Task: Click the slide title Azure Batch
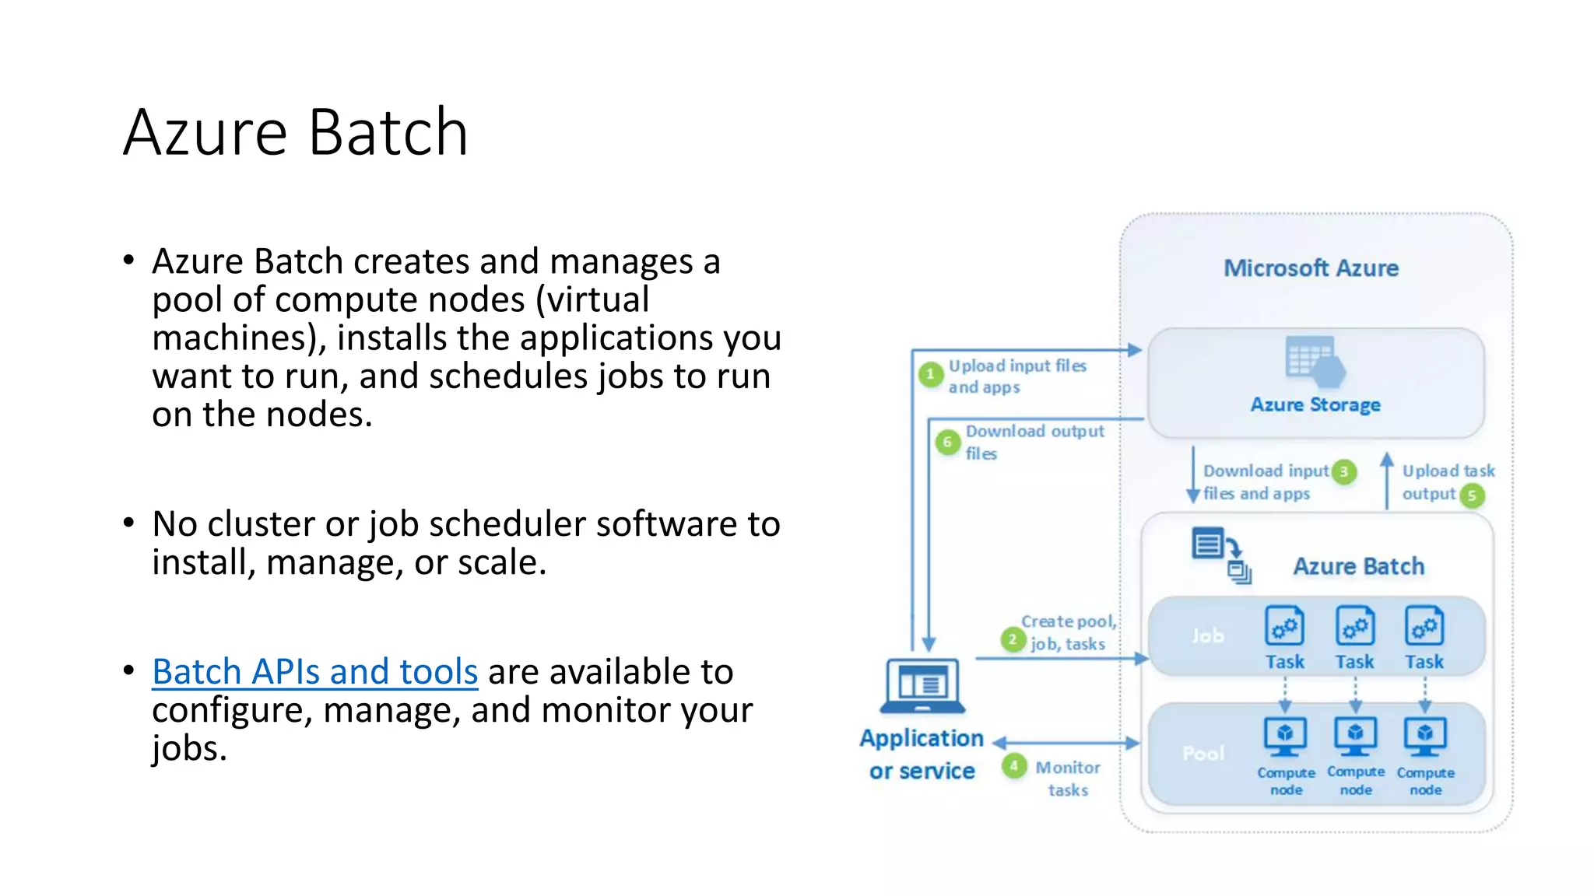coord(296,132)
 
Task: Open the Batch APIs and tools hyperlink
coord(314,671)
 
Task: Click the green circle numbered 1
coord(929,375)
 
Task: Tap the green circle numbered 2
coord(1012,639)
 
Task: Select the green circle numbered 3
coord(1344,471)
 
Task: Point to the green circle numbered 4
coord(1013,766)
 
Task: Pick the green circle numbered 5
coord(1472,495)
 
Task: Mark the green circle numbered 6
coord(947,442)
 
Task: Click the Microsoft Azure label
coord(1311,268)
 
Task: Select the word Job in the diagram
coord(1207,636)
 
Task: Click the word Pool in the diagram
coord(1203,753)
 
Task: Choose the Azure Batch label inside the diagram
coord(1358,566)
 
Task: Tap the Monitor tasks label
coord(1068,778)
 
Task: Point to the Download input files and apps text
coord(1265,482)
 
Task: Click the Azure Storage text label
coord(1315,404)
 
